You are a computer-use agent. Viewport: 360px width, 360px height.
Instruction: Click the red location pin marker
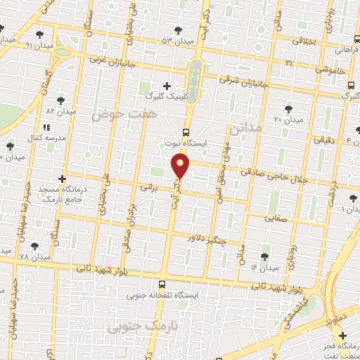[x=181, y=166]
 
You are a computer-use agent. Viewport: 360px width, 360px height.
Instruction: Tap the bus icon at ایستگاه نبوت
[x=186, y=131]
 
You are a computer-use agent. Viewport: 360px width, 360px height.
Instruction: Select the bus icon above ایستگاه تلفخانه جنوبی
[x=163, y=285]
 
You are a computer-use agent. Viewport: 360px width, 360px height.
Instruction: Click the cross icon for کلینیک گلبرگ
[x=167, y=85]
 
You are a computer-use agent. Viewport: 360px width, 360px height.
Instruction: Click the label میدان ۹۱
[x=20, y=44]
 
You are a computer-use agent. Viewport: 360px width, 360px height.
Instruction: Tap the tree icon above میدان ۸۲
[x=60, y=101]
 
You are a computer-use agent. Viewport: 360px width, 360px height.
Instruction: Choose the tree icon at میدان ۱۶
[x=264, y=257]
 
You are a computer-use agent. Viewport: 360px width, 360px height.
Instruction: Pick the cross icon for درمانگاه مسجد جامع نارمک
[x=62, y=179]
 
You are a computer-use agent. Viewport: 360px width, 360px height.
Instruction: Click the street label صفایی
[x=277, y=218]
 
